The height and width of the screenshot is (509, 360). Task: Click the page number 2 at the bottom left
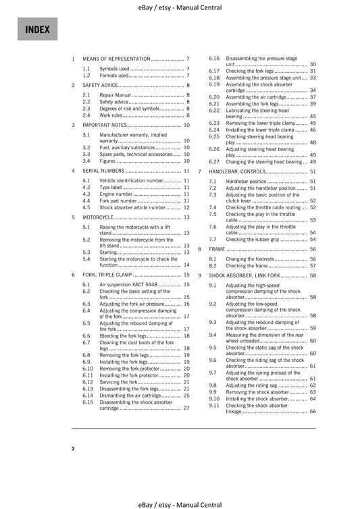click(73, 448)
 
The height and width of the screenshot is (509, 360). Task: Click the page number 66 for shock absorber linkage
click(313, 411)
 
